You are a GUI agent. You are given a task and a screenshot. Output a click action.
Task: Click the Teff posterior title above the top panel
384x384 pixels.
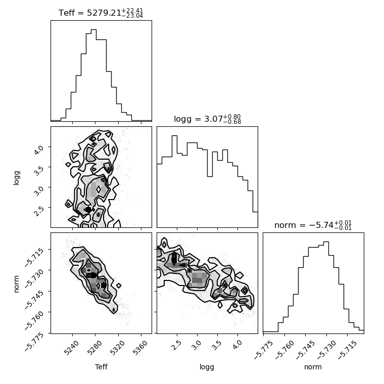click(x=101, y=13)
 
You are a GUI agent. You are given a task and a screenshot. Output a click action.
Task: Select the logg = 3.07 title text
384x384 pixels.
click(x=208, y=119)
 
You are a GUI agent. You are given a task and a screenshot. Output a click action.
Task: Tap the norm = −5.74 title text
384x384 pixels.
click(x=313, y=225)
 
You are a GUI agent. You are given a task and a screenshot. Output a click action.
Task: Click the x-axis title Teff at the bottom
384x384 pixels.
click(x=101, y=367)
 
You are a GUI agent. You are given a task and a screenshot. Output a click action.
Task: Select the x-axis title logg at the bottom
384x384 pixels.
click(x=207, y=367)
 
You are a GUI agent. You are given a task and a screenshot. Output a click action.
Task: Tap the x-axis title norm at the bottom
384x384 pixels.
click(x=313, y=367)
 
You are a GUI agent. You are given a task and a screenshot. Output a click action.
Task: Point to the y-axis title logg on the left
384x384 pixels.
click(x=16, y=178)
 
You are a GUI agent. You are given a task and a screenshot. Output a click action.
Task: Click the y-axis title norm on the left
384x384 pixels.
click(x=16, y=284)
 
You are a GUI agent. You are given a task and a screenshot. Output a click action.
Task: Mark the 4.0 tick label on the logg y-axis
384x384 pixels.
click(x=38, y=150)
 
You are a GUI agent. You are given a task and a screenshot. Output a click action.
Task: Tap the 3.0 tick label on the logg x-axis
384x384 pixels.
click(x=196, y=346)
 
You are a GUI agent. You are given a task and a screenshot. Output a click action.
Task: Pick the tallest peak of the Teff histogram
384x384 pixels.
click(x=93, y=30)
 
